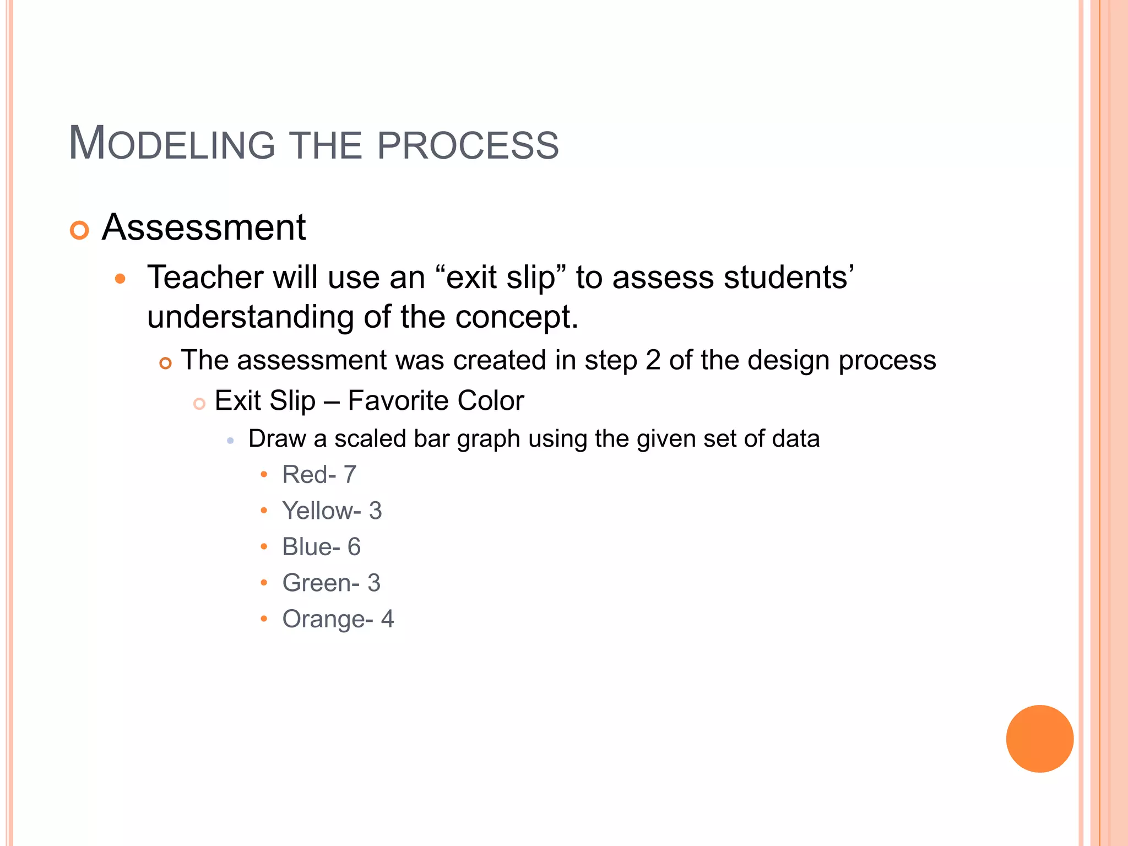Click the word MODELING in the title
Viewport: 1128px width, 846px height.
pos(171,144)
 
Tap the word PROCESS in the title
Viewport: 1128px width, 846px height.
pos(468,145)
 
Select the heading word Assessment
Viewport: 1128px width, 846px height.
pos(203,227)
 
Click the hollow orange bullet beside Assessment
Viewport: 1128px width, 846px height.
pos(79,230)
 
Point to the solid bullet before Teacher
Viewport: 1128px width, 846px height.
pos(120,279)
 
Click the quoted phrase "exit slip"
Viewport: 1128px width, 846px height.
pos(501,277)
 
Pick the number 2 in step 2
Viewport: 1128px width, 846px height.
pos(653,360)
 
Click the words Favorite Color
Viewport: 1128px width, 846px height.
pos(436,400)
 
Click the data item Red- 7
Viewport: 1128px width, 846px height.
pos(319,474)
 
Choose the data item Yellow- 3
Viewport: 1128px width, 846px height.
pos(332,511)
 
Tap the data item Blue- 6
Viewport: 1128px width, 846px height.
pos(321,546)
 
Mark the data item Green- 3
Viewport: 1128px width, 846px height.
pos(331,583)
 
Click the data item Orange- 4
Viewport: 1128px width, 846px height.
pos(338,619)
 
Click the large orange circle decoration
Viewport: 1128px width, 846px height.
pos(1039,739)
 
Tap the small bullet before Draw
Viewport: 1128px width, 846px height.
pos(230,441)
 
